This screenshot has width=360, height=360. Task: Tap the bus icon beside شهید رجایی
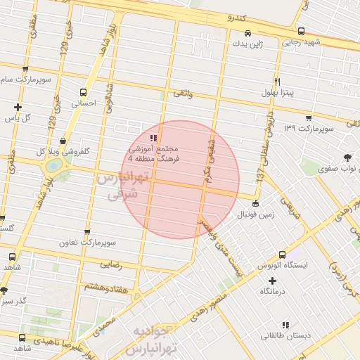[x=301, y=32]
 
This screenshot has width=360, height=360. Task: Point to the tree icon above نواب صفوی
[x=347, y=157]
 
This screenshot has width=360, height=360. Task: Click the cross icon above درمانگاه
[x=272, y=281]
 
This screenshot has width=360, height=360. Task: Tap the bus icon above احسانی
[x=84, y=92]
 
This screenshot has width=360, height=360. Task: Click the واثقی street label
[x=181, y=93]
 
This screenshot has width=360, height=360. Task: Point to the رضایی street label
[x=113, y=265]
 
